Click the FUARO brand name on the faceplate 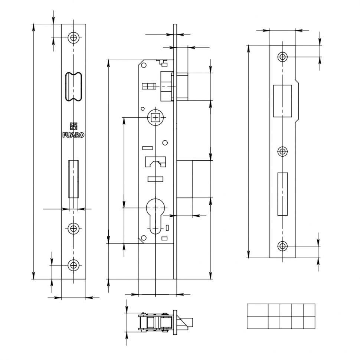click(x=73, y=135)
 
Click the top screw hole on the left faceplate click(x=73, y=37)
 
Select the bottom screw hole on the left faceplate click(x=73, y=265)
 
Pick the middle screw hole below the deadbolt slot click(x=73, y=228)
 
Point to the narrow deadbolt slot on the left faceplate click(x=73, y=179)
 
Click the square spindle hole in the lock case click(x=155, y=117)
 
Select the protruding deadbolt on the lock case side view click(x=184, y=179)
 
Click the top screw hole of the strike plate click(x=283, y=57)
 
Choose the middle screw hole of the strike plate click(x=283, y=151)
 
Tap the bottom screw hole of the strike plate click(x=283, y=246)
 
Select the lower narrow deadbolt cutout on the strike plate click(x=282, y=194)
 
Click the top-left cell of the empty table click(x=258, y=310)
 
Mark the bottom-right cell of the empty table click(x=309, y=322)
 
